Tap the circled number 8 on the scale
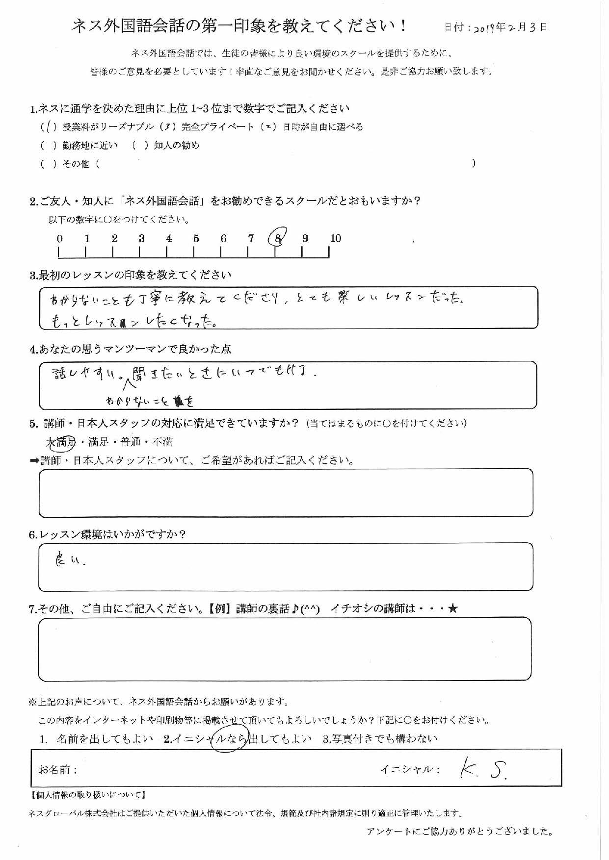pyautogui.click(x=278, y=238)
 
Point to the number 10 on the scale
pyautogui.click(x=335, y=238)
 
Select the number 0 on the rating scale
pyautogui.click(x=59, y=239)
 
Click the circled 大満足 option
pyautogui.click(x=61, y=442)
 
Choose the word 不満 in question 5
pyautogui.click(x=162, y=442)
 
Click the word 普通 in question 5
pyautogui.click(x=131, y=442)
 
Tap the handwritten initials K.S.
pyautogui.click(x=483, y=771)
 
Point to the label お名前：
pyautogui.click(x=57, y=770)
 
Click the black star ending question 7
pyautogui.click(x=453, y=609)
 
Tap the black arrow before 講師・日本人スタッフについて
pyautogui.click(x=34, y=461)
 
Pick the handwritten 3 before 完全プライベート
pyautogui.click(x=168, y=127)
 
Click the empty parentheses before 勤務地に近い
pyautogui.click(x=49, y=146)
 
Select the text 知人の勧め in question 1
pyautogui.click(x=177, y=146)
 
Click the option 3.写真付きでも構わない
pyautogui.click(x=380, y=739)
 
